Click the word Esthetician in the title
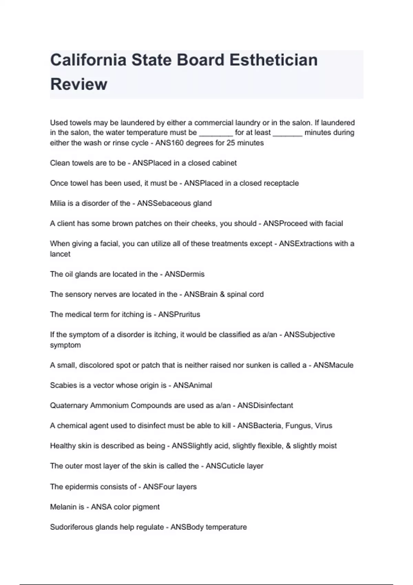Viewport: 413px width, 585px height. (273, 60)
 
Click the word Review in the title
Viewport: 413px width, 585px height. (79, 84)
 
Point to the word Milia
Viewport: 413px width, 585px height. (57, 203)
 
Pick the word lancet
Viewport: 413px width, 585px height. (60, 254)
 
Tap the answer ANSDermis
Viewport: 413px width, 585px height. (184, 274)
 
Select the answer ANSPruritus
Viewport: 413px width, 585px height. (179, 315)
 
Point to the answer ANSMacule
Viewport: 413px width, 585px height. (333, 365)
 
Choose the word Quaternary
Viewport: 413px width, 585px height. (69, 406)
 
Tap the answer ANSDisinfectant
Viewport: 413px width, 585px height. (265, 406)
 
